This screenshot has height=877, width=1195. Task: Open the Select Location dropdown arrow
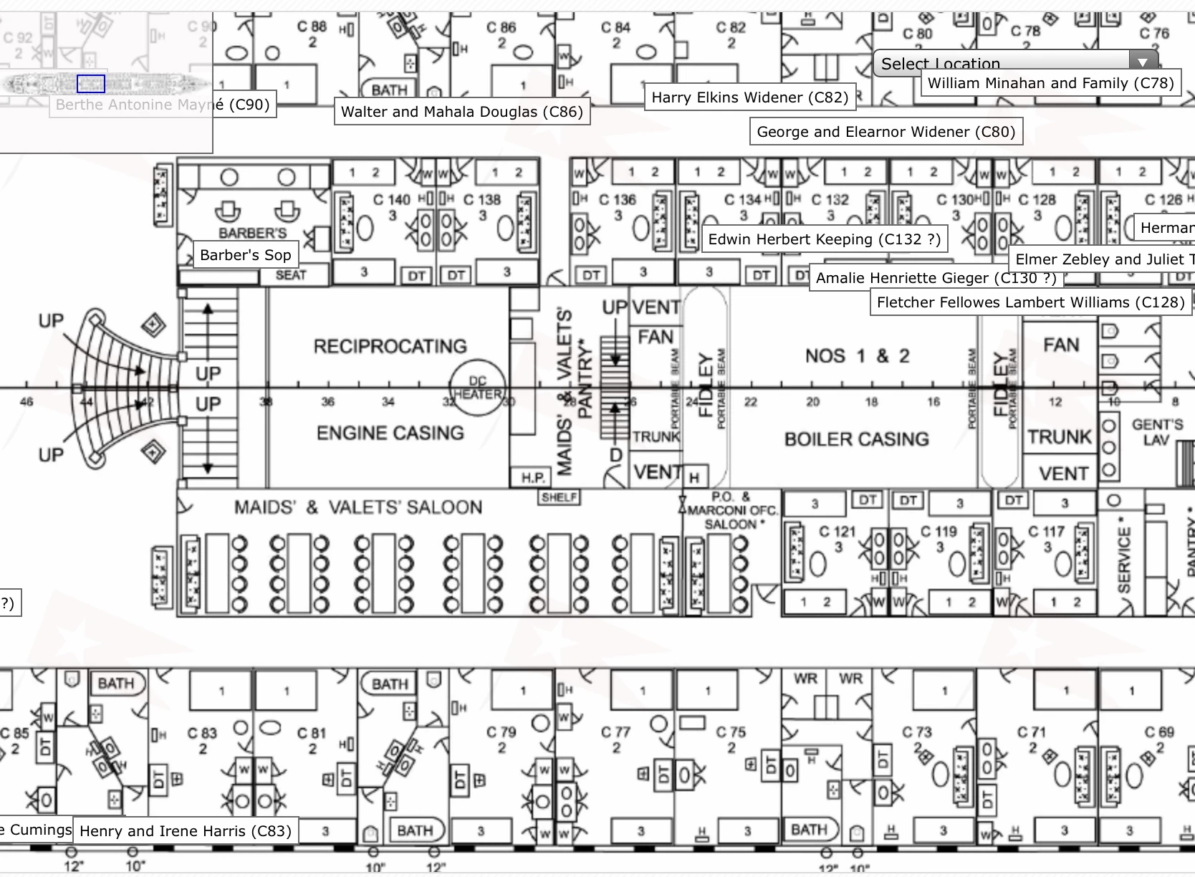tap(1142, 63)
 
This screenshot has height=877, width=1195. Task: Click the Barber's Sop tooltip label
tap(245, 255)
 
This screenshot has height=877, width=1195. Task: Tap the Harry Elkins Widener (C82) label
tap(749, 97)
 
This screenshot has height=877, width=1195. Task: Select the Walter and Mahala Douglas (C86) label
tap(462, 112)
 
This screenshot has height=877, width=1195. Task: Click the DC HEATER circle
tap(477, 388)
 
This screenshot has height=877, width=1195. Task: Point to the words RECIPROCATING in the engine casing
tap(390, 347)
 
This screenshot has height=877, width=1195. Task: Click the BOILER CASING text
tap(856, 439)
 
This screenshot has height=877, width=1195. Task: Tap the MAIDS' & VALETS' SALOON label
tap(358, 507)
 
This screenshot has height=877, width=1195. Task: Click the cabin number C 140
tap(392, 200)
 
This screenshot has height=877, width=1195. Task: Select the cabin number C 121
tap(838, 532)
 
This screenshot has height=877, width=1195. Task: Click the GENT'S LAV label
tap(1156, 432)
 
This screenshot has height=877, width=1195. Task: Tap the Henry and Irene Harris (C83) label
tap(186, 831)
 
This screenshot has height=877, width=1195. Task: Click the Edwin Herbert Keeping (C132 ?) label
tap(824, 239)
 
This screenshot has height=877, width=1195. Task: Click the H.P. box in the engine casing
tap(532, 477)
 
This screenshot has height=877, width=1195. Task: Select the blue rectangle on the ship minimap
tap(91, 84)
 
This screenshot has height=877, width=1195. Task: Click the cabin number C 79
tap(501, 732)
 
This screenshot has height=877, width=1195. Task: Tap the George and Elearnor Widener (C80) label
tap(886, 132)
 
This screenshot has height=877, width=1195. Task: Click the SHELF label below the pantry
tap(559, 497)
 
